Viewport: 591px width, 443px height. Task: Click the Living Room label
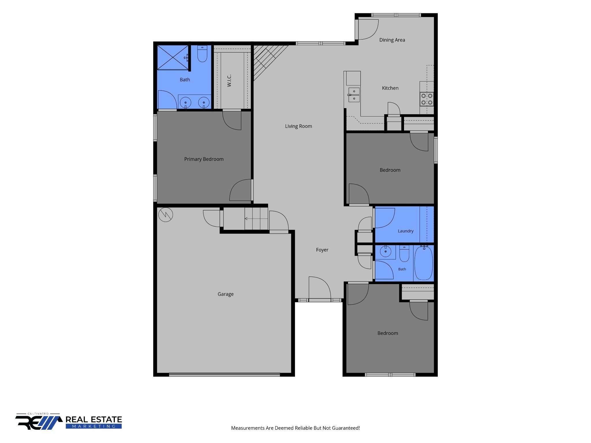tap(298, 126)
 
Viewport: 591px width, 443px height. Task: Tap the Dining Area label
tap(392, 40)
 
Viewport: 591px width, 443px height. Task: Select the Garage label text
tap(225, 294)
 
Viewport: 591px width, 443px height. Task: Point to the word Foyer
tap(322, 250)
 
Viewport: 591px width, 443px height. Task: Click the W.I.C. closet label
tap(229, 80)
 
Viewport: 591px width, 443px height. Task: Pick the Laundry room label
tap(405, 231)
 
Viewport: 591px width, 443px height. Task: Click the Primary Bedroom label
tap(204, 159)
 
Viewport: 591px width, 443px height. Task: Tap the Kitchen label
tap(390, 88)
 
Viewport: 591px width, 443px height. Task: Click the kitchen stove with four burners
tap(427, 99)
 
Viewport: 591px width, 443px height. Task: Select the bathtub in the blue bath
tap(424, 263)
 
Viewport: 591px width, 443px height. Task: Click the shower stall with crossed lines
tap(173, 57)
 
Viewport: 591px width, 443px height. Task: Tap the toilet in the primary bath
tap(202, 54)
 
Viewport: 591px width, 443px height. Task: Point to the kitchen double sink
tap(354, 95)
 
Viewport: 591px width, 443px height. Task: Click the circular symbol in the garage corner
tap(166, 214)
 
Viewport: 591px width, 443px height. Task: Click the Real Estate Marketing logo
tap(69, 421)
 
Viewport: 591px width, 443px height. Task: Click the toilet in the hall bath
tap(404, 254)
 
